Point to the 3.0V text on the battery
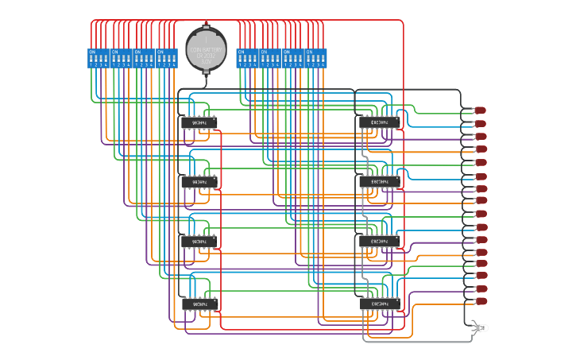pyautogui.click(x=206, y=61)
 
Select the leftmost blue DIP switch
pyautogui.click(x=98, y=58)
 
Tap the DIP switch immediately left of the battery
pyautogui.click(x=167, y=58)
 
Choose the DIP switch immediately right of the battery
pyautogui.click(x=247, y=58)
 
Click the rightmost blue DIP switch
pyautogui.click(x=316, y=58)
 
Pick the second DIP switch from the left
pyautogui.click(x=121, y=58)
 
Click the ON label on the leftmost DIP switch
pyautogui.click(x=92, y=52)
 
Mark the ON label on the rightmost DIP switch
pyautogui.click(x=311, y=52)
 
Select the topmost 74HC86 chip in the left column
pyautogui.click(x=199, y=122)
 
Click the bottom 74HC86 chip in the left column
pyautogui.click(x=199, y=304)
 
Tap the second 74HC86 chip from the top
pyautogui.click(x=199, y=182)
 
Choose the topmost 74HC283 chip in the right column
pyautogui.click(x=379, y=122)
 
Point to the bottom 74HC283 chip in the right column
pyautogui.click(x=379, y=304)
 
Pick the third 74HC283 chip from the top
pyautogui.click(x=379, y=241)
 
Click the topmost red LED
pyautogui.click(x=480, y=110)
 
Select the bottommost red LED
pyautogui.click(x=480, y=302)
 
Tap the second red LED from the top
pyautogui.click(x=480, y=123)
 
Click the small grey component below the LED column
pyautogui.click(x=479, y=327)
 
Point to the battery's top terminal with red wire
pyautogui.click(x=206, y=25)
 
